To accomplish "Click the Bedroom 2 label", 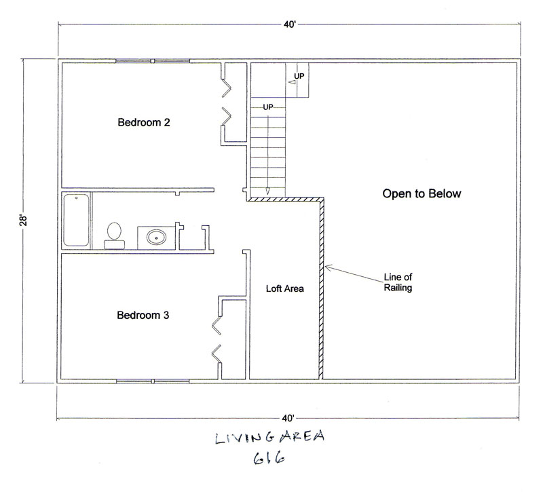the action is click(x=144, y=122).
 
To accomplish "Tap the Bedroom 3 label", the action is click(x=143, y=315).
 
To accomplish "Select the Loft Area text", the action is click(x=284, y=288).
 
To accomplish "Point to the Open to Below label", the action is click(x=422, y=193).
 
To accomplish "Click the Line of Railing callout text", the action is click(x=398, y=282).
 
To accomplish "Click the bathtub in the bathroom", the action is click(x=76, y=220).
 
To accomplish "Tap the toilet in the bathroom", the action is click(x=114, y=235).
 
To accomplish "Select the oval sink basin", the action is click(x=157, y=238).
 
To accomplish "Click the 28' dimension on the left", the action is click(x=23, y=221).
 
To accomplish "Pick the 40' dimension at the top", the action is click(x=290, y=24).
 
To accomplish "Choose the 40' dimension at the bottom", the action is click(x=288, y=418).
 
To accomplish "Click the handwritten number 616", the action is click(x=269, y=458).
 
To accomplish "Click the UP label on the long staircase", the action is click(x=267, y=107).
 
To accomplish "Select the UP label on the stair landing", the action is click(x=299, y=76).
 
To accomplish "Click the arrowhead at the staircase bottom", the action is click(x=267, y=191).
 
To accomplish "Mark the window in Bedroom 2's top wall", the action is click(x=152, y=61).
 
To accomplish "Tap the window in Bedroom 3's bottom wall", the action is click(x=152, y=381).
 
